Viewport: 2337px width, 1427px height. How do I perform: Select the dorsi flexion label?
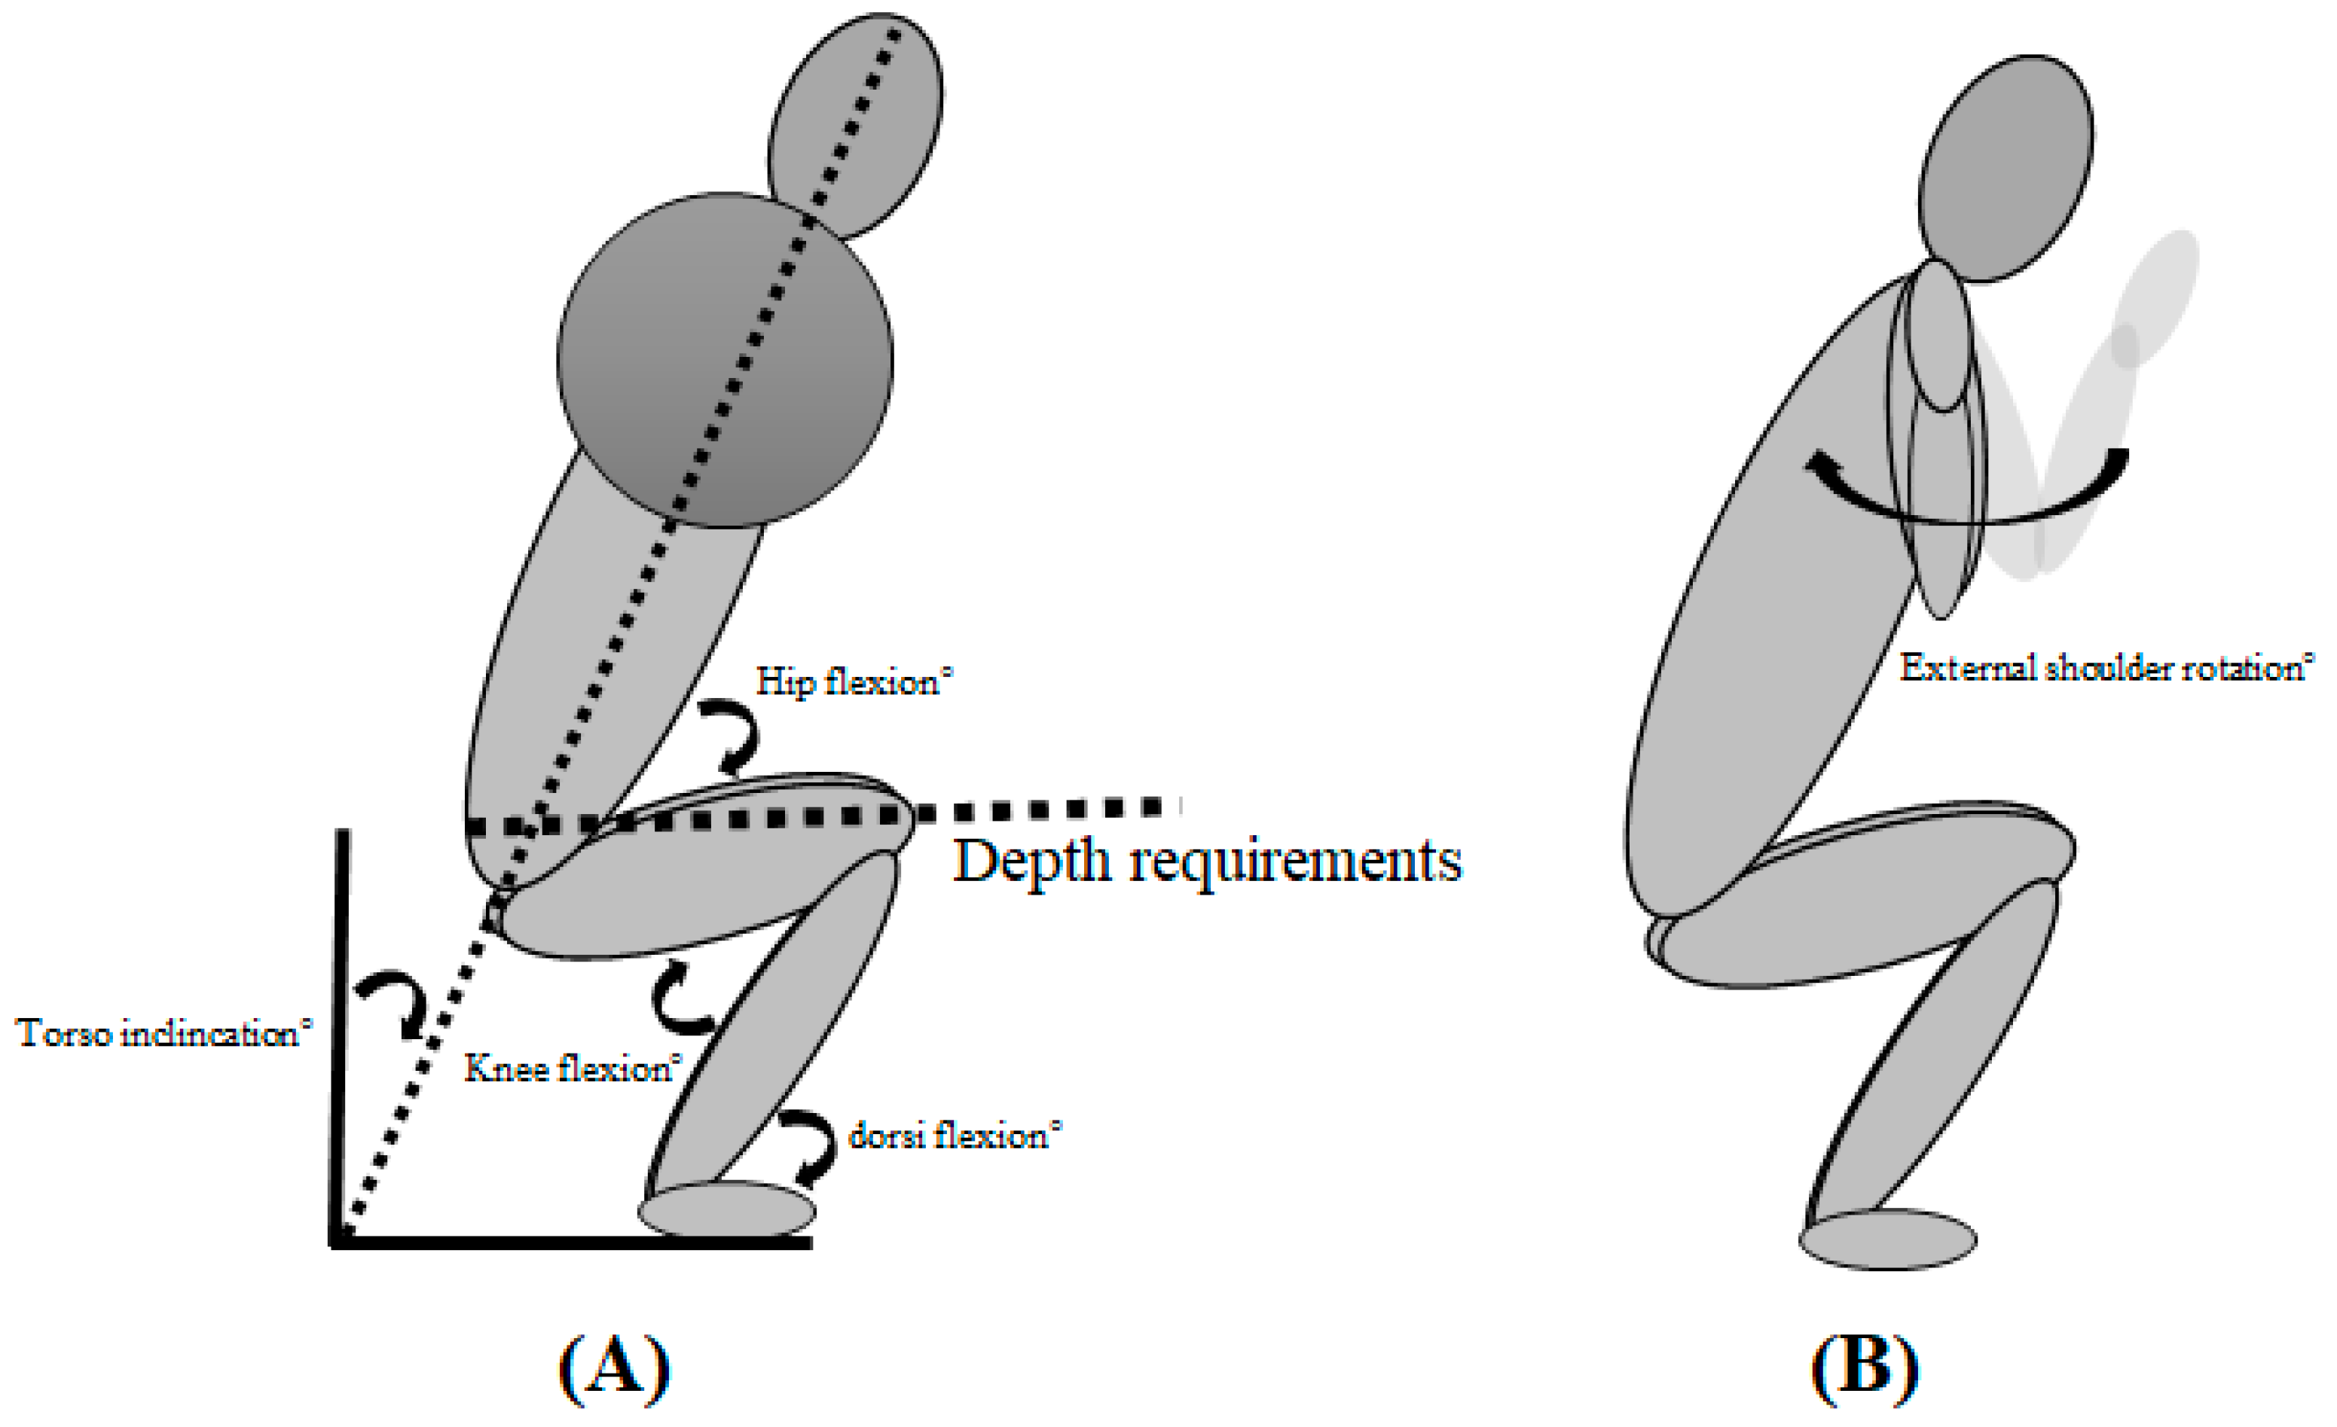click(953, 1135)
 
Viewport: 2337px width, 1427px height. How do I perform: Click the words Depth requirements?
click(1206, 861)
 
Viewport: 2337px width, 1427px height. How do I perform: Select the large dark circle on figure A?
click(725, 360)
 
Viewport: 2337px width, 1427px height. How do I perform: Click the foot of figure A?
click(726, 1210)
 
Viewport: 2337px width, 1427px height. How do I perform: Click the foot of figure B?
click(1887, 1239)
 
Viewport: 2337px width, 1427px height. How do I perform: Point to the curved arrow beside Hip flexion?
click(733, 735)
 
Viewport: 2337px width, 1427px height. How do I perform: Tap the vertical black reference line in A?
click(338, 1033)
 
